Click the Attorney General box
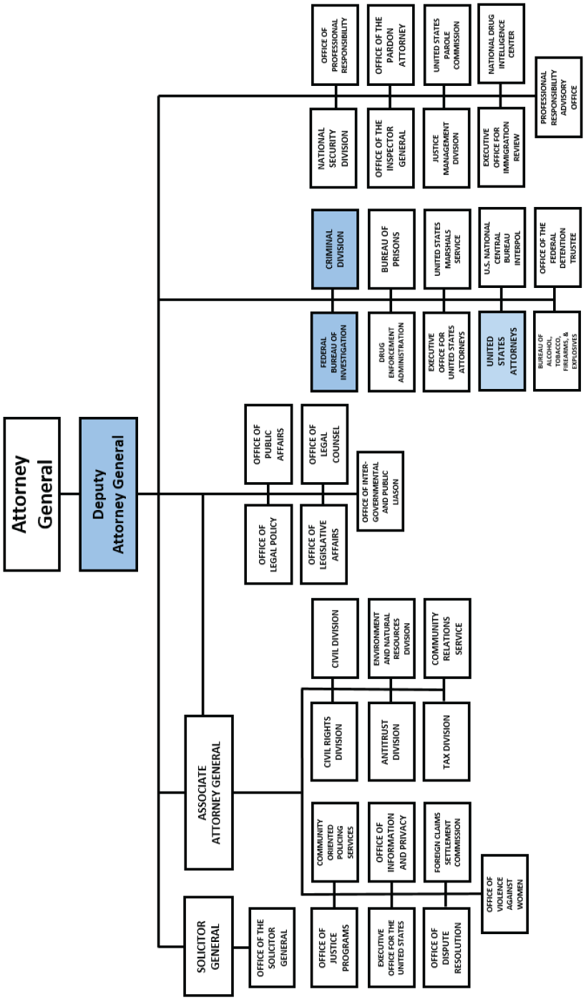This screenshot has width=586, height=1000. pyautogui.click(x=31, y=494)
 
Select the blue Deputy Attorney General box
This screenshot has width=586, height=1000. pyautogui.click(x=108, y=494)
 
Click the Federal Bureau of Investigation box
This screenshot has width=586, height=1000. pyautogui.click(x=334, y=351)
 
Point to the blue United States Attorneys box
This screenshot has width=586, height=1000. pyautogui.click(x=503, y=351)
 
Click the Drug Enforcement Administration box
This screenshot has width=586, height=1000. pyautogui.click(x=391, y=351)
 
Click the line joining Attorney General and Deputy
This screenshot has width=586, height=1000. pyautogui.click(x=69, y=494)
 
